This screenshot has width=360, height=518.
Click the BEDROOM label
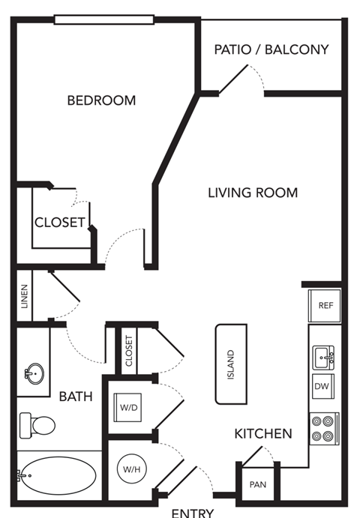(x=101, y=100)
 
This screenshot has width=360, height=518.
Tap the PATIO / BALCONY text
(x=271, y=49)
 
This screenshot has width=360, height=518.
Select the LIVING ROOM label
(x=252, y=193)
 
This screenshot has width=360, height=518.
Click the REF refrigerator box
(x=325, y=305)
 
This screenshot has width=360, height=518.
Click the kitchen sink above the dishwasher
(x=325, y=355)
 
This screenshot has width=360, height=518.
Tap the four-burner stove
(x=325, y=429)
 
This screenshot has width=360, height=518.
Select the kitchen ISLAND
(x=231, y=364)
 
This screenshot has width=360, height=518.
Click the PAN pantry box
(x=257, y=484)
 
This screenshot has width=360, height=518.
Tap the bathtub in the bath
(x=58, y=475)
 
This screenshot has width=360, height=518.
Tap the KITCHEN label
(x=263, y=433)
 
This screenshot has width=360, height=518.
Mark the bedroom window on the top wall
(x=103, y=19)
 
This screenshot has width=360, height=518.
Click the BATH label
(x=76, y=396)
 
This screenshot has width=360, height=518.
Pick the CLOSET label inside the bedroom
(x=59, y=223)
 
